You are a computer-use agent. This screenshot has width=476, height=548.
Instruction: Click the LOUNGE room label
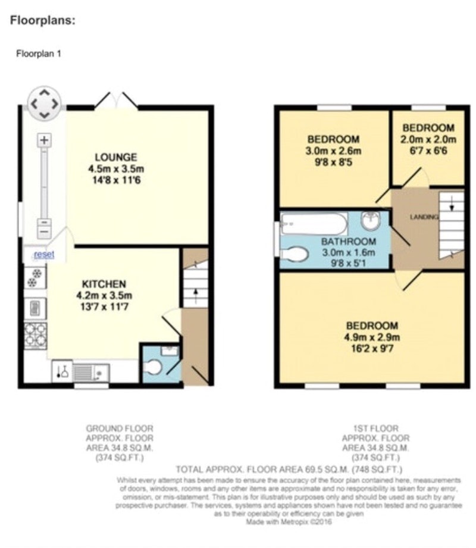[x=115, y=157]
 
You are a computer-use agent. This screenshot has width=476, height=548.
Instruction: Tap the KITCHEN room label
[x=104, y=284]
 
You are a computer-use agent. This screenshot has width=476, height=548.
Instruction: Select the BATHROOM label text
[x=349, y=242]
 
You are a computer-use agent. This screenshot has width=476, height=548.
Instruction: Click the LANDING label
[x=424, y=217]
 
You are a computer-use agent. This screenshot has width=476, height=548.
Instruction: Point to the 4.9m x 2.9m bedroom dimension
[x=372, y=337]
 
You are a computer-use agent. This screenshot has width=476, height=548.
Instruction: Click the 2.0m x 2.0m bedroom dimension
[x=428, y=139]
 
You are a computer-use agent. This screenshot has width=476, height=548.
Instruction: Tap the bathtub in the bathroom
[x=314, y=224]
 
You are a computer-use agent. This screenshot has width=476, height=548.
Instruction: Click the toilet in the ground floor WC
[x=152, y=368]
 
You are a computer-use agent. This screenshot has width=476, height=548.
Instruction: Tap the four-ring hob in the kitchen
[x=35, y=336]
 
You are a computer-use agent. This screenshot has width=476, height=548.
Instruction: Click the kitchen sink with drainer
[x=91, y=372]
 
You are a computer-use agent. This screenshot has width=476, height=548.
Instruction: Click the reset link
[x=44, y=254]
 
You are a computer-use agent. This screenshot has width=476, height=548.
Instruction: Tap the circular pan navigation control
[x=44, y=104]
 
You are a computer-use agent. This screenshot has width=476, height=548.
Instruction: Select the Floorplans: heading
[x=43, y=20]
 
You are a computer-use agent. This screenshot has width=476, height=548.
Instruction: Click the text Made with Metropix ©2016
[x=289, y=522]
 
